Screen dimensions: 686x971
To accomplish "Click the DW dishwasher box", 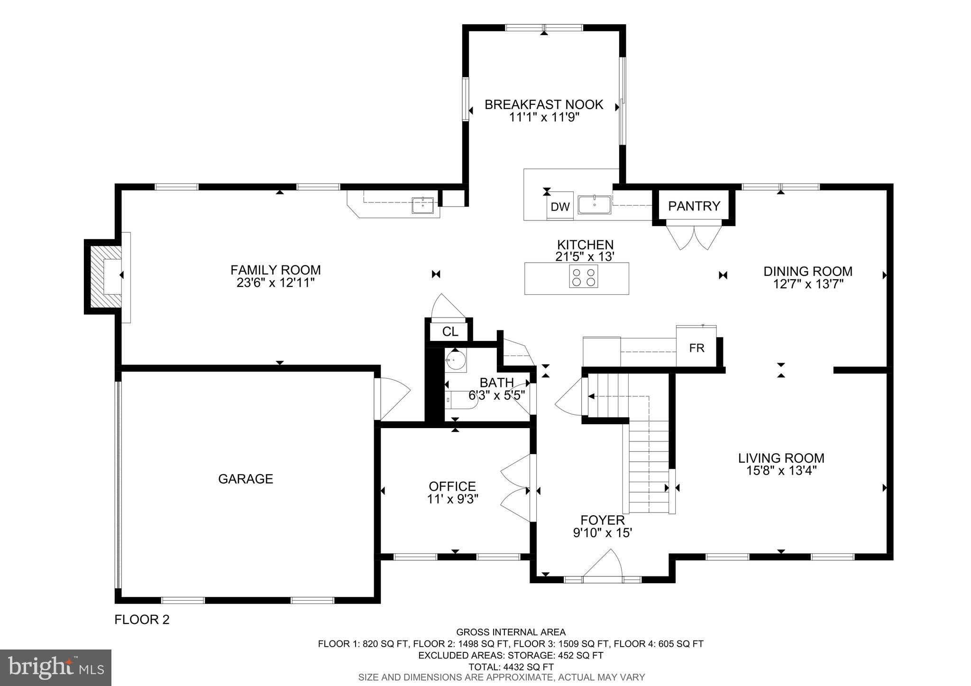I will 559,207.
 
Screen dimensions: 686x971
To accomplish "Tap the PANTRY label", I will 694,206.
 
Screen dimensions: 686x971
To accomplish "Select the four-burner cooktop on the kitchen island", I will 583,276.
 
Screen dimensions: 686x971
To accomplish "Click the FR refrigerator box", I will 696,348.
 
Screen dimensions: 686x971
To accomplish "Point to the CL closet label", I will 450,332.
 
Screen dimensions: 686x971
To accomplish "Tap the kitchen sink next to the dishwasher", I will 594,205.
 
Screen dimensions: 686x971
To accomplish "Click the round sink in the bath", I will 456,359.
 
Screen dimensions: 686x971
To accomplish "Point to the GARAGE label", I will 246,479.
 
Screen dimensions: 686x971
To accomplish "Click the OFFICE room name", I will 452,486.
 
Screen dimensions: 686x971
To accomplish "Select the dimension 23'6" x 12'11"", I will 275,283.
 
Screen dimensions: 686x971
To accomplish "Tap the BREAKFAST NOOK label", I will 544,104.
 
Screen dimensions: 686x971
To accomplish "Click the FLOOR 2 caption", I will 142,620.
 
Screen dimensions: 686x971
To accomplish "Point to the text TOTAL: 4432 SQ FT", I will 511,667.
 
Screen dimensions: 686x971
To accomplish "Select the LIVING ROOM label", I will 781,458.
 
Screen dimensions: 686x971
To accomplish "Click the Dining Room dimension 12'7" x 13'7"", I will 807,284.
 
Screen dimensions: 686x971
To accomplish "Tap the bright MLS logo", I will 55,668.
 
